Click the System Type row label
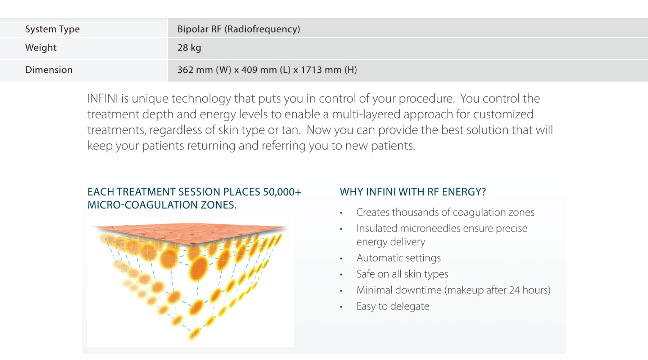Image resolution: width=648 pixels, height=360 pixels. [53, 29]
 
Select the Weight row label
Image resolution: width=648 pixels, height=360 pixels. [41, 48]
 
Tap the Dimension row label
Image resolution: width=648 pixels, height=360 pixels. [49, 70]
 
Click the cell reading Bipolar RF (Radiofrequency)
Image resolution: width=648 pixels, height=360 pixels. [239, 29]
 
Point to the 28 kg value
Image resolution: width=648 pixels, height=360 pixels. [189, 48]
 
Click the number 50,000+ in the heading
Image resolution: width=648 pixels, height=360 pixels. [282, 192]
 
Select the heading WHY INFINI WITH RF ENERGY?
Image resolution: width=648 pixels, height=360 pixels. [413, 192]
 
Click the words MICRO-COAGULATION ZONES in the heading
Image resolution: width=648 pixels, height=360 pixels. [162, 205]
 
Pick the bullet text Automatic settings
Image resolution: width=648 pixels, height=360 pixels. [399, 258]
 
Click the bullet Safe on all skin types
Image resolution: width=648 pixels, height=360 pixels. [402, 274]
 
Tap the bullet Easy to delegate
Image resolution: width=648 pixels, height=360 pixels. [393, 306]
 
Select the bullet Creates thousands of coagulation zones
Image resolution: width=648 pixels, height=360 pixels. [445, 212]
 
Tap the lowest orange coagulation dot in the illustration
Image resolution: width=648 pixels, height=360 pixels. [194, 334]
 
